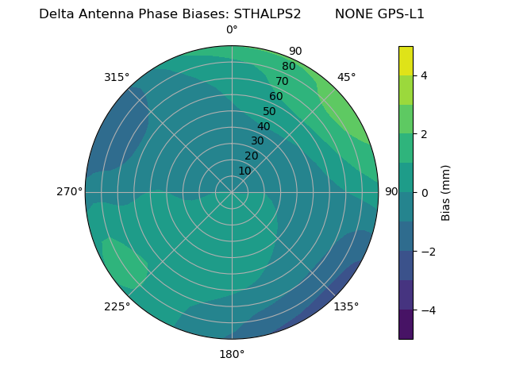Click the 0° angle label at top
(x=232, y=30)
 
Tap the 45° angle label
(x=346, y=77)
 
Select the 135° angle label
(x=346, y=306)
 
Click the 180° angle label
(x=232, y=354)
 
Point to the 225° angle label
(x=117, y=306)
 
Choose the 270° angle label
(x=69, y=191)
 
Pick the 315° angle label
(x=117, y=77)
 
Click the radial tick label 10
(x=244, y=171)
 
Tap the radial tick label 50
(x=270, y=112)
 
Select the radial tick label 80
(x=289, y=67)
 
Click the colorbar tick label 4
(x=425, y=75)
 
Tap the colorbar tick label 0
(x=425, y=193)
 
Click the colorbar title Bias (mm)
(x=446, y=193)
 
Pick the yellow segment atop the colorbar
(x=406, y=60)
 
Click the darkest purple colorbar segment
(x=406, y=325)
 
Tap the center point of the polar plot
(x=232, y=192)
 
